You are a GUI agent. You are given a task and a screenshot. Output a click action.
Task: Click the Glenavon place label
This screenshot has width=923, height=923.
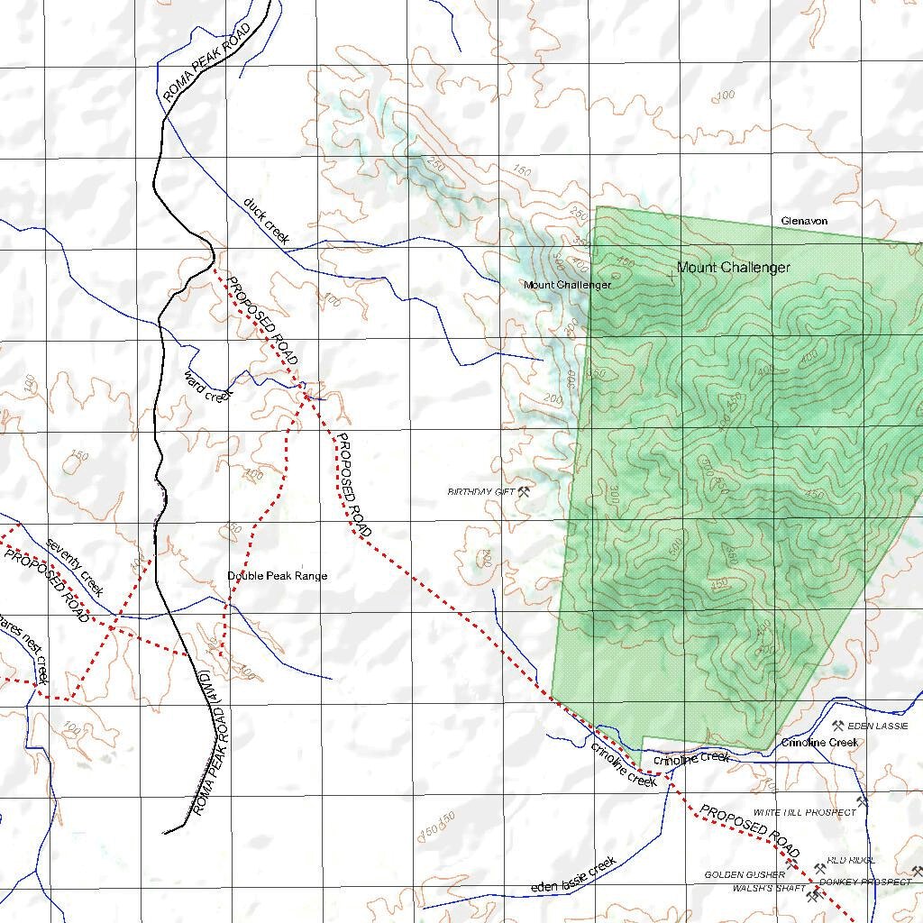point(804,221)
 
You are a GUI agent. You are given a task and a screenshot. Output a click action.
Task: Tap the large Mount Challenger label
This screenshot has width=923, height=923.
point(733,267)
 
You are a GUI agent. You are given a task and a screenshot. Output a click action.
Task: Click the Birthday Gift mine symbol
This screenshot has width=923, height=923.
point(524,491)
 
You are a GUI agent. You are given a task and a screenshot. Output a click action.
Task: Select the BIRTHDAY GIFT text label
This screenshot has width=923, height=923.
point(480,492)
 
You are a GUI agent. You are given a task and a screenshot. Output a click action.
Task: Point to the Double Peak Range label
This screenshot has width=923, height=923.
point(277,576)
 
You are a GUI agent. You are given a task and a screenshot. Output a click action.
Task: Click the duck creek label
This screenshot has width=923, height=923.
point(266,220)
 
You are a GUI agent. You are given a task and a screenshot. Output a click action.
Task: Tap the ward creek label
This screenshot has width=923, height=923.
point(208,385)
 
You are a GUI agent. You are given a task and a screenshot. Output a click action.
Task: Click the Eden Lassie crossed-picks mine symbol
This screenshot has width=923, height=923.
point(837,726)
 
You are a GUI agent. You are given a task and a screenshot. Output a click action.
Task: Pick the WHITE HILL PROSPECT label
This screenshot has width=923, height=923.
point(805,812)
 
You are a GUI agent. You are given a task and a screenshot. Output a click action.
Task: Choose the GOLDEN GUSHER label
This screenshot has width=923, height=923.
point(745,875)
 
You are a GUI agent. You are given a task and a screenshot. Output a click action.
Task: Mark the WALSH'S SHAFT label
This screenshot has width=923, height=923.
point(769,889)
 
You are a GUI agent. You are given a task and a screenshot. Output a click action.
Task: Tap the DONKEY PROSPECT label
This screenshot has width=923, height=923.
point(865,882)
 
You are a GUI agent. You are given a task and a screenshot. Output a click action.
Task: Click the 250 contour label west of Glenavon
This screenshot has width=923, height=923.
point(578,214)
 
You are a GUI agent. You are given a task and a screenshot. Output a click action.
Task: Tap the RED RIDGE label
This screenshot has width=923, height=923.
point(851,861)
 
